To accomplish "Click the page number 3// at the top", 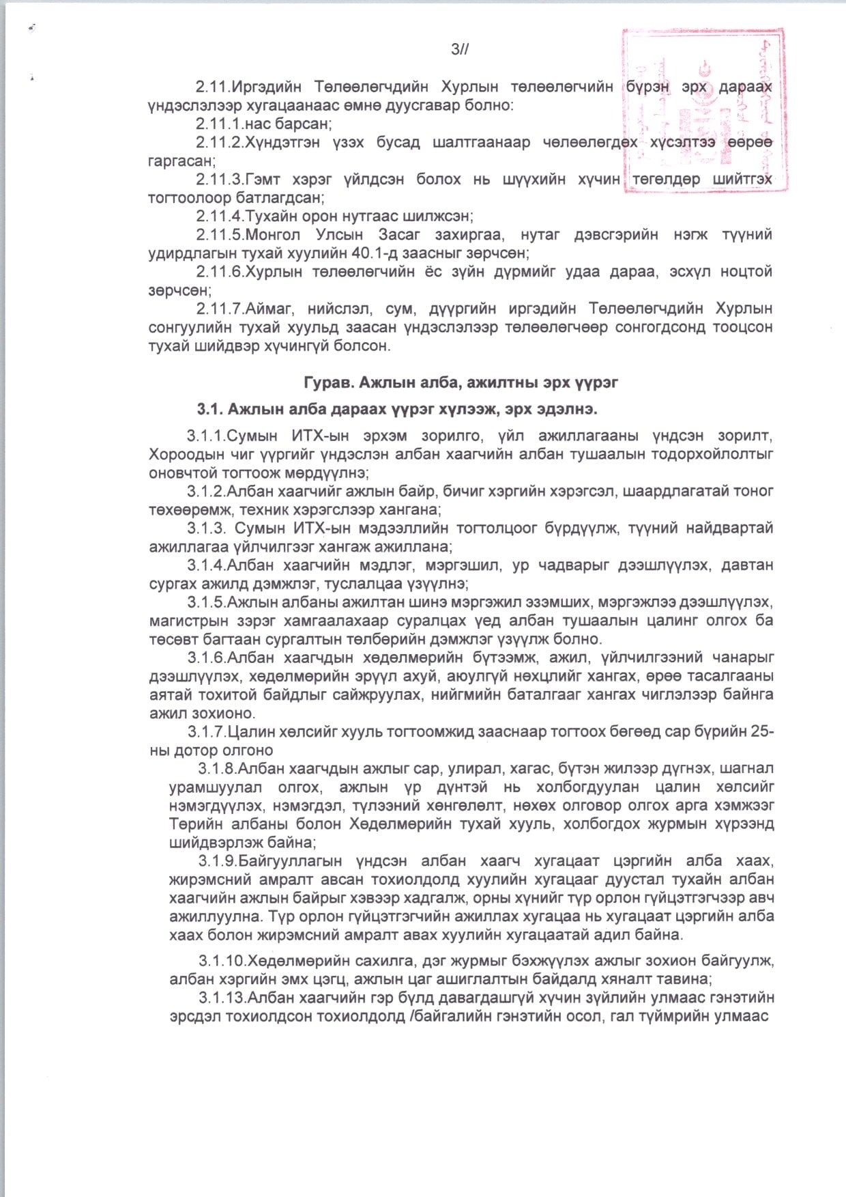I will click(x=460, y=48).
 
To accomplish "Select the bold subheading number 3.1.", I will click(x=209, y=410).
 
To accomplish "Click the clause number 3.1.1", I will click(x=206, y=436).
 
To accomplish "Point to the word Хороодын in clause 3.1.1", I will click(x=181, y=454).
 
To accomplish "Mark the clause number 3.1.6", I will click(x=206, y=658).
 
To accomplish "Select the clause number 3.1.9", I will click(x=218, y=860).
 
